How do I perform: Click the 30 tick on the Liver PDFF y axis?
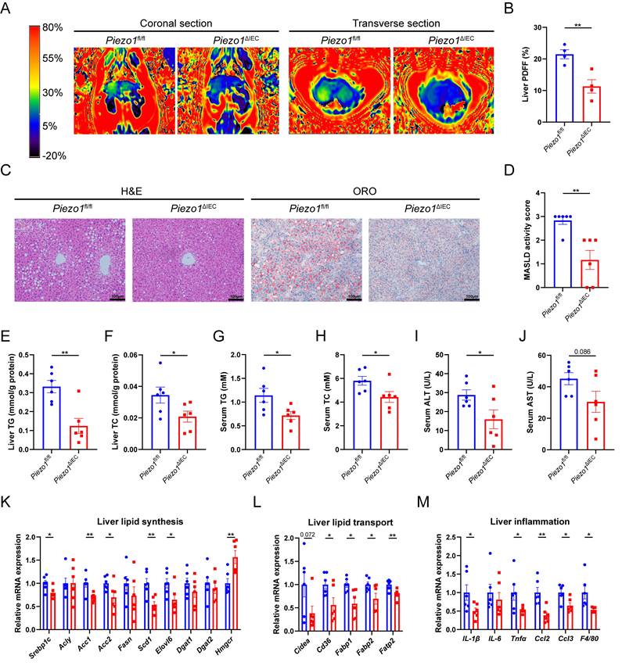[533, 27]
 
